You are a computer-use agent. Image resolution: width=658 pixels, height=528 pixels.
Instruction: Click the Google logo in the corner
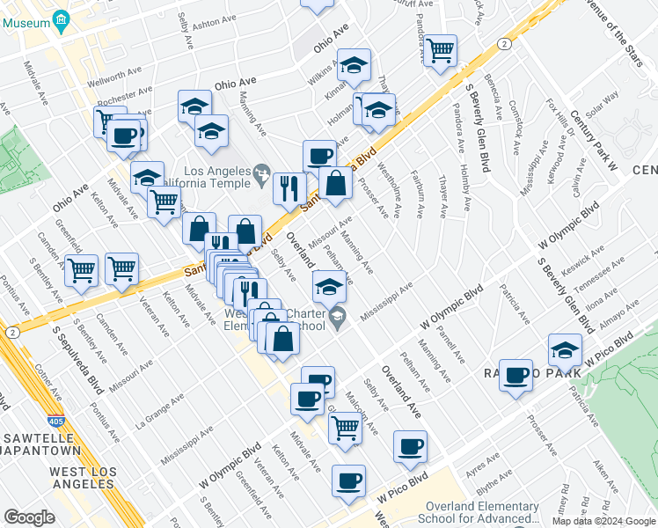click(29, 517)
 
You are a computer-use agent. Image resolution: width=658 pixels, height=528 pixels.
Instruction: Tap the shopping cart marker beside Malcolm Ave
click(345, 428)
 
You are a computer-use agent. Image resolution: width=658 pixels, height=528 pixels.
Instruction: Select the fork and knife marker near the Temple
click(288, 187)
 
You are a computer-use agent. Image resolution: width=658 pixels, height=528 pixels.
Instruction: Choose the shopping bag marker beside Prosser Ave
click(336, 184)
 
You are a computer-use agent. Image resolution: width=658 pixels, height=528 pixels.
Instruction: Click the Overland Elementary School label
click(482, 511)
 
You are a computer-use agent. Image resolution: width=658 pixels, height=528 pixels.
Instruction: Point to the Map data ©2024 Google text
click(603, 521)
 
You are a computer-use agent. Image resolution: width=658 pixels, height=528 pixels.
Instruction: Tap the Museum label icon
click(61, 19)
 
